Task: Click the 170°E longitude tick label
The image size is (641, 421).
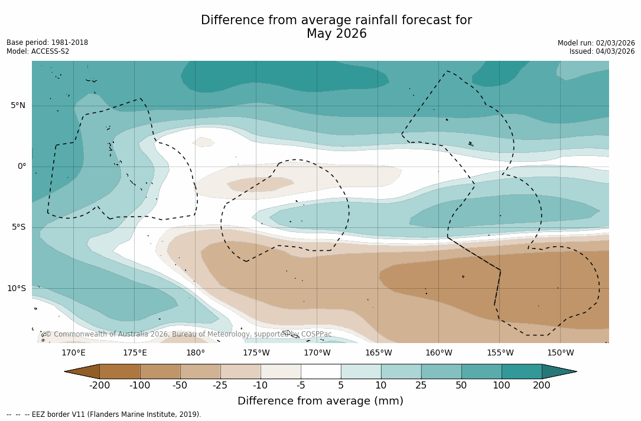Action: tap(73, 353)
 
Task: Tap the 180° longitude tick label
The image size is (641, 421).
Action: tap(196, 353)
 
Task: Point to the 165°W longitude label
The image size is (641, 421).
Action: tap(378, 353)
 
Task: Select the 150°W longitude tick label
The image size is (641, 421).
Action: tap(561, 353)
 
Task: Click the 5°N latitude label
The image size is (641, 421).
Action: tap(18, 106)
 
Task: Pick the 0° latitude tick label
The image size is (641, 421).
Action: tap(22, 167)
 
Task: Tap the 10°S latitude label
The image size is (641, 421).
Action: tap(17, 289)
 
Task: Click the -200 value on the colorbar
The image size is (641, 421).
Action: tap(100, 386)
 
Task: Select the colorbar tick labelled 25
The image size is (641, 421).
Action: tap(421, 386)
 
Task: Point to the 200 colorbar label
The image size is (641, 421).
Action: tap(542, 386)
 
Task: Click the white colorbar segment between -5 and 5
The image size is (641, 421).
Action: tap(321, 371)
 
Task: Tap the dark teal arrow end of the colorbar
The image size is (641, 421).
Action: tap(558, 371)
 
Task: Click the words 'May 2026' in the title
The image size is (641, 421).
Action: tap(336, 34)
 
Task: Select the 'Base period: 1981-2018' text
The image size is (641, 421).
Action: tap(47, 43)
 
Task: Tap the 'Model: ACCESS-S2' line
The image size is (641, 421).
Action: tap(38, 51)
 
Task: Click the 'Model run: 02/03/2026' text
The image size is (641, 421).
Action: tap(596, 43)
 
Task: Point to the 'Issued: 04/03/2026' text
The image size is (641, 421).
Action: tap(602, 51)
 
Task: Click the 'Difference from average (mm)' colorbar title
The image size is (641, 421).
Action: tap(320, 402)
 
